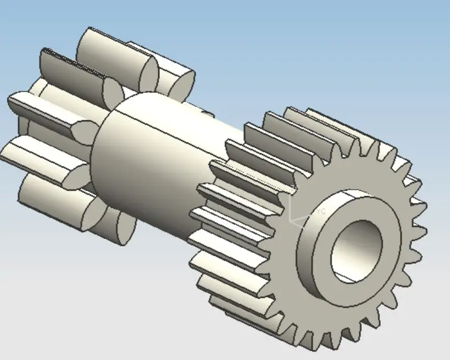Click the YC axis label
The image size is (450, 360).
[x=321, y=211]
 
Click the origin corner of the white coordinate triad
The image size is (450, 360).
[x=290, y=223]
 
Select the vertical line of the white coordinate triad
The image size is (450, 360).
[x=290, y=206]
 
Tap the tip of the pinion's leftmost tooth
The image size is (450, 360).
[x=16, y=102]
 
